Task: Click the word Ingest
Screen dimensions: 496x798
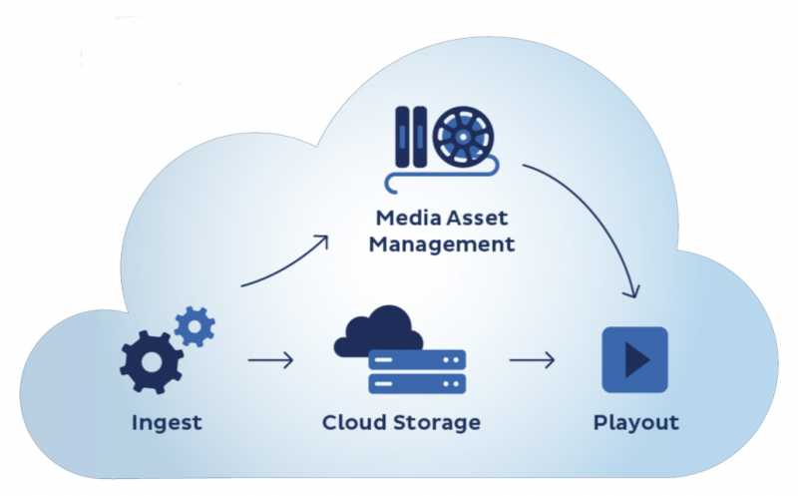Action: [167, 422]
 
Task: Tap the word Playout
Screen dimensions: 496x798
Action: [635, 422]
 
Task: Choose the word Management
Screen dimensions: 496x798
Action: [441, 244]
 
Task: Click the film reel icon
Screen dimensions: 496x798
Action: [464, 137]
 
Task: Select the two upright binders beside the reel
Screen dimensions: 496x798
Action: [409, 138]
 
